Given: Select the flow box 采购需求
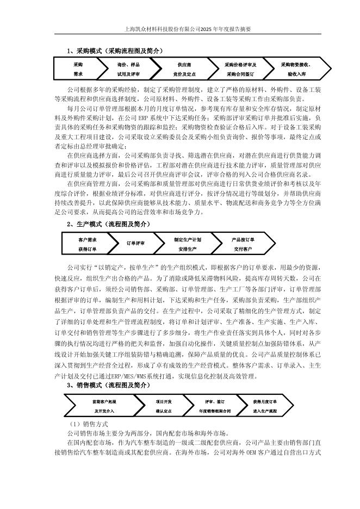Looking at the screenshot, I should point(78,69).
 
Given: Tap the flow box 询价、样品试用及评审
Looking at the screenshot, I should point(128,69).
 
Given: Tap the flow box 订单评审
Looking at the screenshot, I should point(135,244).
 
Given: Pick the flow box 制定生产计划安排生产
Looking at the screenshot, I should point(188,244).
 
